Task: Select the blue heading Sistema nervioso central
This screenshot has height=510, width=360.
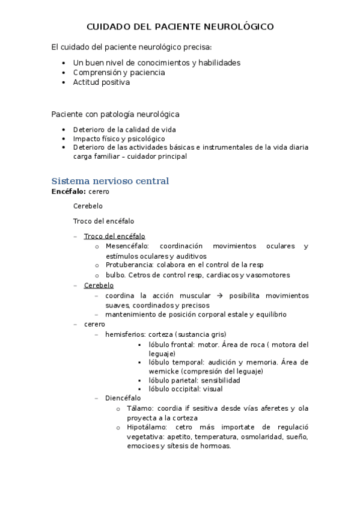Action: click(110, 181)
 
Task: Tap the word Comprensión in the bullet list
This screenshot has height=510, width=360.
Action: click(96, 73)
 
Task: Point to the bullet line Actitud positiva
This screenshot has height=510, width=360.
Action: click(101, 82)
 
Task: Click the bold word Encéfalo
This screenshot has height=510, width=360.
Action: click(68, 191)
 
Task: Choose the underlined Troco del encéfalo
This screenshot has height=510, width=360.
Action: click(114, 236)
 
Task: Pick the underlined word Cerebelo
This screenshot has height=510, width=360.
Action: click(99, 285)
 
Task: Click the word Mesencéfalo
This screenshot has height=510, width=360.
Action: click(126, 246)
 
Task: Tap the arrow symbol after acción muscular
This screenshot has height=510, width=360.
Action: click(220, 295)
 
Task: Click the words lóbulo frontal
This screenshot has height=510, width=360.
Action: click(171, 345)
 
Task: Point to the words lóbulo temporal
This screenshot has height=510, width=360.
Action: click(174, 363)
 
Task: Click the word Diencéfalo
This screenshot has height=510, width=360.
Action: click(123, 398)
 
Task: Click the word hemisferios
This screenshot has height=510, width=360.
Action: click(124, 334)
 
